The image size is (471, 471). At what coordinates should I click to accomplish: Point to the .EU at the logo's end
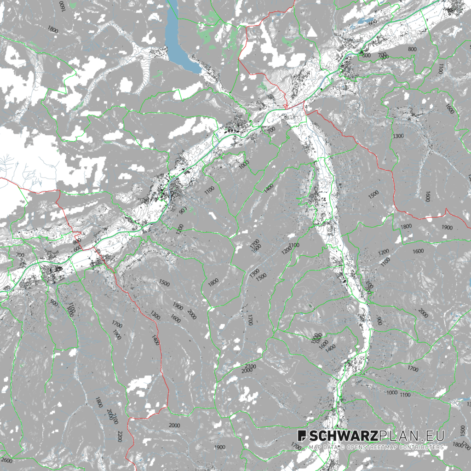(x=432, y=436)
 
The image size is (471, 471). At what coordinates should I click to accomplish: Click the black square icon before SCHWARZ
(x=302, y=436)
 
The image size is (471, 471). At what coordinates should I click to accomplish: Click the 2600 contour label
(x=7, y=460)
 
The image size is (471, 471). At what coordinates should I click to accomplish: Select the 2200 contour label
(x=120, y=437)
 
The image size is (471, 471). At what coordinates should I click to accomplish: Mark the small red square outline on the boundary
(x=286, y=106)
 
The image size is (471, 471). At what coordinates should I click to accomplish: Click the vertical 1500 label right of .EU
(x=462, y=431)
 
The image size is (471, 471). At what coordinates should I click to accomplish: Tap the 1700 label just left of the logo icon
(x=296, y=445)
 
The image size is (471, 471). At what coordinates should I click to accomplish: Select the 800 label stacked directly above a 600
(x=76, y=241)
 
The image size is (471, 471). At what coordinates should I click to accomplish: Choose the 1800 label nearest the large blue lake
(x=52, y=30)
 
